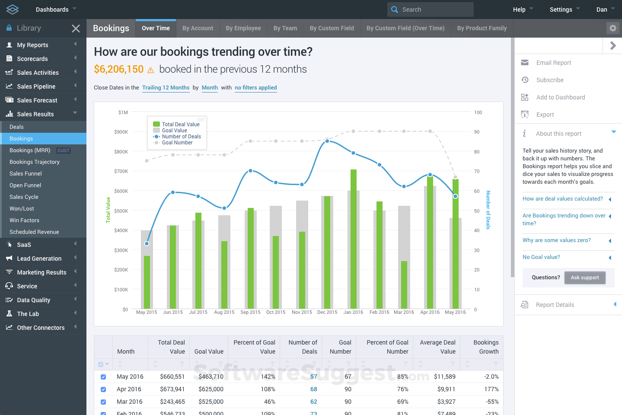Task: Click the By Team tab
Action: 285,28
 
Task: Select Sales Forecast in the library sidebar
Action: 37,100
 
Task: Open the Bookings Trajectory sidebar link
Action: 35,162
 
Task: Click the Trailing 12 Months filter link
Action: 166,88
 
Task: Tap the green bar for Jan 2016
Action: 354,238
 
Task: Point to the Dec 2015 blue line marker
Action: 327,141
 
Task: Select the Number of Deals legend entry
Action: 181,137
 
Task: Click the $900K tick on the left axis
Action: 121,132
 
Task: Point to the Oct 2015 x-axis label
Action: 276,312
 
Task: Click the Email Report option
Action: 553,63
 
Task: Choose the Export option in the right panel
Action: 545,115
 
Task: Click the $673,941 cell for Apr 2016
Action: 172,389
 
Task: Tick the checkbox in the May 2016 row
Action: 103,377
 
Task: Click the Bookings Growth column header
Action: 485,347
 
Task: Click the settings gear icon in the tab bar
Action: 612,28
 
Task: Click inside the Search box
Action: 434,10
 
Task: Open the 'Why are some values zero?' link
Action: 556,240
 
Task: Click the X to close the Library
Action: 76,29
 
